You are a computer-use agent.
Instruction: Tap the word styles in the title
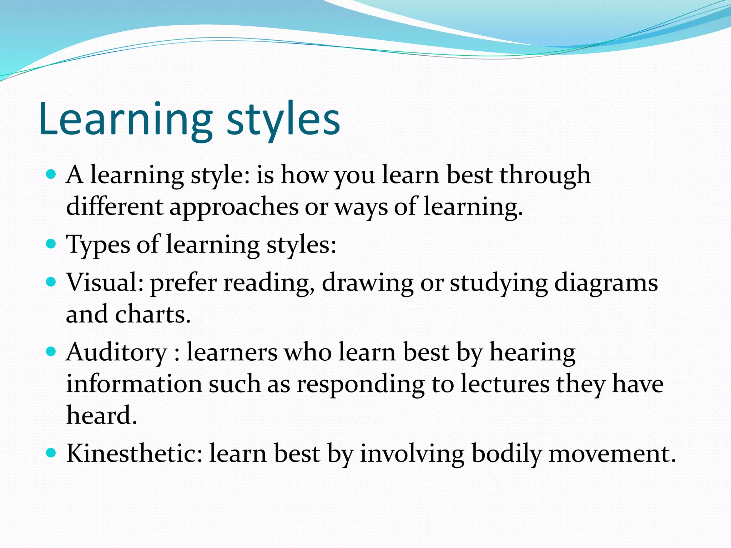(x=283, y=120)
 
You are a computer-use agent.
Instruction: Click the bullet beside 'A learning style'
(x=51, y=174)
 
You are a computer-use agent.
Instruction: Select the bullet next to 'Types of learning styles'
(x=51, y=244)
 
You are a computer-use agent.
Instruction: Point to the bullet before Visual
(x=51, y=282)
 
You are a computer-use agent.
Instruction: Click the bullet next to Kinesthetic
(x=51, y=453)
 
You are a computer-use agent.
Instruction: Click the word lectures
(x=505, y=384)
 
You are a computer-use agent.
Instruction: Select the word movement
(x=612, y=454)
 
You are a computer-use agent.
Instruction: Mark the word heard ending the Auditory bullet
(x=101, y=416)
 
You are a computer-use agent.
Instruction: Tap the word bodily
(x=506, y=454)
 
